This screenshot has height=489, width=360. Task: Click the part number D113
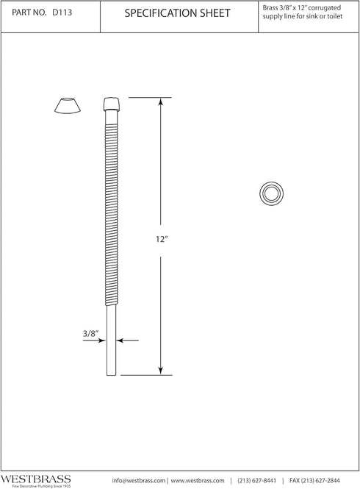click(64, 13)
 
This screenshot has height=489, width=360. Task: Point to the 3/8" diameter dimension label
click(91, 332)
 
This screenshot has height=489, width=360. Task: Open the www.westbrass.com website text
click(198, 479)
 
